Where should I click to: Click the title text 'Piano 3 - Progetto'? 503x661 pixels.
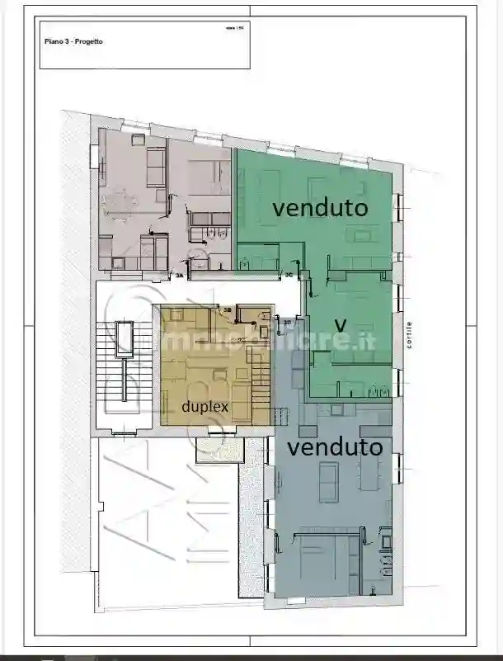coord(72,40)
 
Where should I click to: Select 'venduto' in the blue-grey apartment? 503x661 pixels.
coord(336,447)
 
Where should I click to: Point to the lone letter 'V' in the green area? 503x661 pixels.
coord(338,322)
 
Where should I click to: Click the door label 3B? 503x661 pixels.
coord(228,310)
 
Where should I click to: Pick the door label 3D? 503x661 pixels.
coord(287,323)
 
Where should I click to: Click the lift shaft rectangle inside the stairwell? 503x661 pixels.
coord(125,338)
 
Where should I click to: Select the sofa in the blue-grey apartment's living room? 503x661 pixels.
coord(328,480)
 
